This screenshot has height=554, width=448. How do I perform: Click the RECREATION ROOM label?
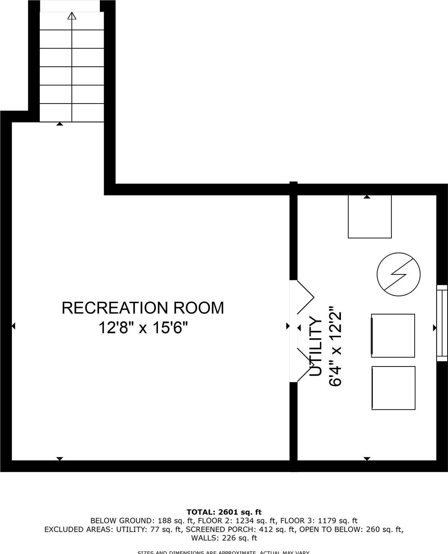click(143, 308)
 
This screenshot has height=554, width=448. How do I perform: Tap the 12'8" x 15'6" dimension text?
click(144, 327)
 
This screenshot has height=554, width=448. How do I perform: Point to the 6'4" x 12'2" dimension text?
click(336, 346)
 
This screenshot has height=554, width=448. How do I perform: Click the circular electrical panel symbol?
click(399, 274)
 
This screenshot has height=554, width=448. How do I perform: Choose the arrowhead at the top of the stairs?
click(72, 16)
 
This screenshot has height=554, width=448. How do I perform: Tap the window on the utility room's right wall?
click(442, 323)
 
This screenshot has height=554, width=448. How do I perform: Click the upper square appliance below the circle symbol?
click(393, 335)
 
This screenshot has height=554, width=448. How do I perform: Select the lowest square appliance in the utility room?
click(393, 388)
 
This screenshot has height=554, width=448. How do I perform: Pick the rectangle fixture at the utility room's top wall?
click(370, 217)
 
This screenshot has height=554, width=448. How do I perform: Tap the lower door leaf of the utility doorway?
click(304, 365)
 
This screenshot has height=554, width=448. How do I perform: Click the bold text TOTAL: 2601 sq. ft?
click(224, 512)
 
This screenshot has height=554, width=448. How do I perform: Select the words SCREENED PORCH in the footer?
click(220, 529)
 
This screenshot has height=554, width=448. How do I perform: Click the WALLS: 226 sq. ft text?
click(224, 538)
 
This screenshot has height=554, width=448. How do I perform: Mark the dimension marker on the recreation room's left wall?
click(13, 326)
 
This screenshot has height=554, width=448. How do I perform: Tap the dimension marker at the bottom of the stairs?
click(60, 124)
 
